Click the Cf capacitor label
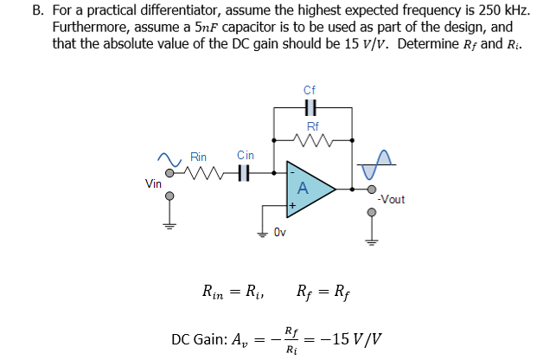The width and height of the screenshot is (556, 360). click(x=310, y=90)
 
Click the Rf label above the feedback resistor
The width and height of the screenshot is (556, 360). click(x=312, y=125)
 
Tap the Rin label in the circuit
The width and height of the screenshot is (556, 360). click(x=199, y=157)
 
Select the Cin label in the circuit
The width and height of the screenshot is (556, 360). click(x=246, y=155)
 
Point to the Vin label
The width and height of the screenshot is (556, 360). click(x=153, y=183)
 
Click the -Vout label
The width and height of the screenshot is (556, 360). click(x=391, y=200)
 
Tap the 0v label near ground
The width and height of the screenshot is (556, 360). click(x=279, y=232)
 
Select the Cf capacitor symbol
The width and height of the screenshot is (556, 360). click(x=311, y=107)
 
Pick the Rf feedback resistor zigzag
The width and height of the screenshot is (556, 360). click(x=311, y=138)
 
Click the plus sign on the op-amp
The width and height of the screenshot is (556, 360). click(x=292, y=206)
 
